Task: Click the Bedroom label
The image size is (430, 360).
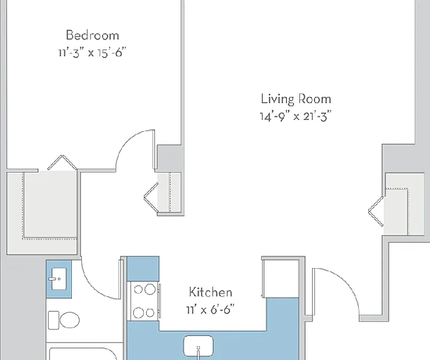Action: [92, 36]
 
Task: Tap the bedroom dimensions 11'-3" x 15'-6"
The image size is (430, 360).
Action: [92, 52]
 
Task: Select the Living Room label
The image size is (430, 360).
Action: [296, 99]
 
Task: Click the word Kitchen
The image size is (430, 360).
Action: [211, 292]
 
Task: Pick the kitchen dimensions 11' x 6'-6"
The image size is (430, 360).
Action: [211, 310]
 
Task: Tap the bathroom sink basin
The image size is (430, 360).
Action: [59, 279]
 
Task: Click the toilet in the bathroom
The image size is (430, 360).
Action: [64, 320]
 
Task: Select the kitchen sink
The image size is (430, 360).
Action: [198, 347]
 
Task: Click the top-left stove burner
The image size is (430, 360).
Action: [138, 289]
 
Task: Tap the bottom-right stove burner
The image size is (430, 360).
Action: [150, 313]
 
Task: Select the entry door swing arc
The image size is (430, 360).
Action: [346, 280]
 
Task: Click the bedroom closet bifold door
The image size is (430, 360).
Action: [62, 162]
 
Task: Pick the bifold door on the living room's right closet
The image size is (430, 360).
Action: [376, 211]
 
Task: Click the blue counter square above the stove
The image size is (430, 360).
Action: [143, 269]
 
